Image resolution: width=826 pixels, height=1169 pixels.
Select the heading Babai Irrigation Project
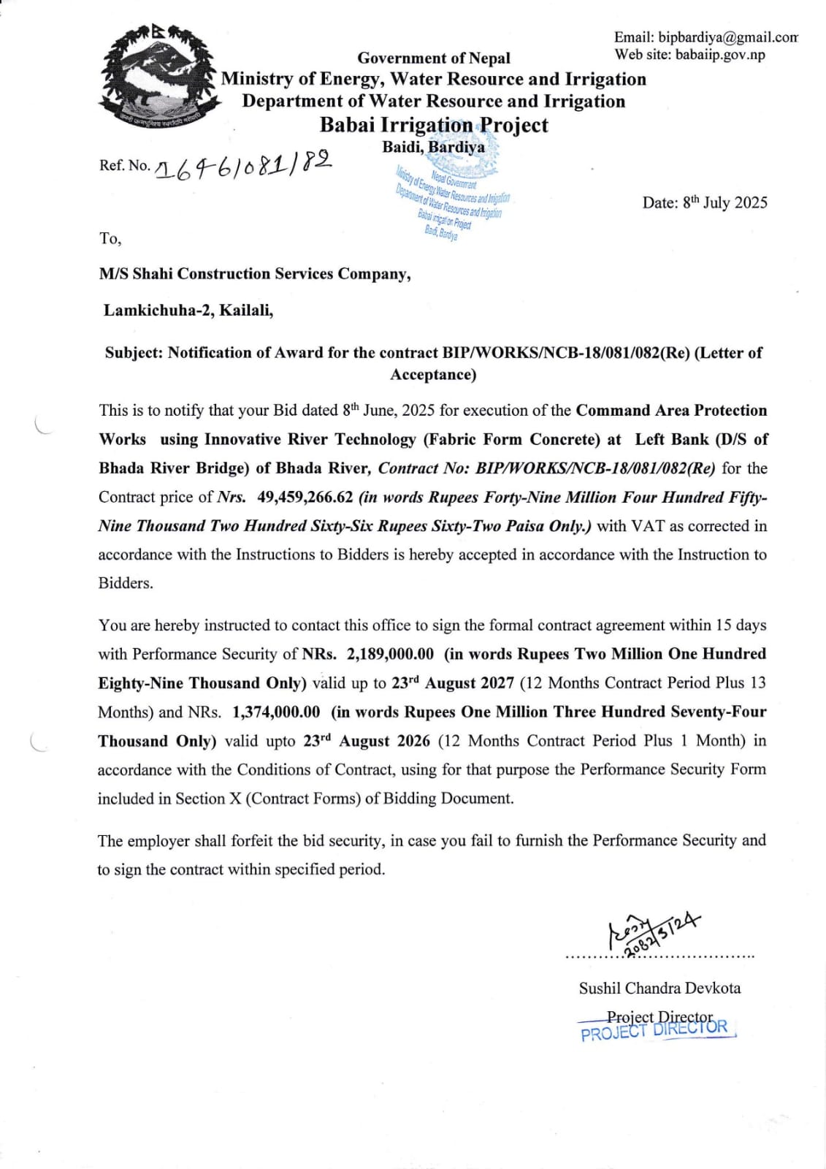pos(434,125)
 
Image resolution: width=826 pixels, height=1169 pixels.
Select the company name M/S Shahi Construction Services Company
pos(255,274)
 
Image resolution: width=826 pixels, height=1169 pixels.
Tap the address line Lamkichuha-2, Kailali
pos(188,311)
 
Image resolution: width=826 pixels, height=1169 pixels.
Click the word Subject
pos(134,353)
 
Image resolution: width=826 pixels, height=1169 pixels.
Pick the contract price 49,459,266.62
pos(305,498)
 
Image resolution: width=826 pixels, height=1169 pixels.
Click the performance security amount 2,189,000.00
pos(390,654)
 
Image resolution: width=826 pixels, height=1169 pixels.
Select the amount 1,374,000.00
pos(276,712)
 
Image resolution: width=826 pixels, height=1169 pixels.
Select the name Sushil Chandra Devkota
pos(659,989)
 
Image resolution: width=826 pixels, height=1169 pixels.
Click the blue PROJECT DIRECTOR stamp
pos(654,1029)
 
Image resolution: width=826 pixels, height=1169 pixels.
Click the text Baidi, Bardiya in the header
pos(433,147)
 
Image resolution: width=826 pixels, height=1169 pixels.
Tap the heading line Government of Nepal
pos(434,58)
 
